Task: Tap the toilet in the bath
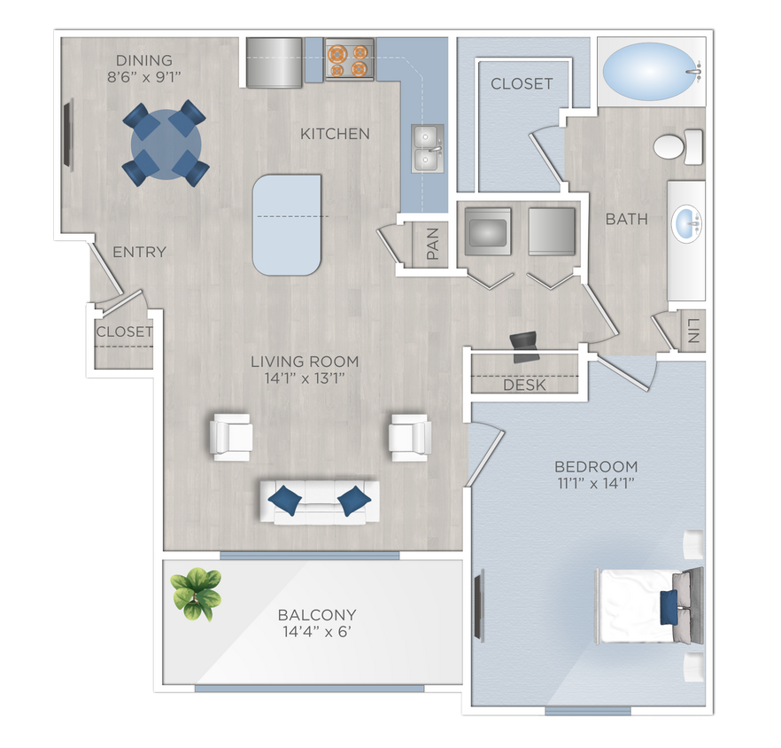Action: coord(677,145)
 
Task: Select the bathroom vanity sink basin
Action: coord(686,223)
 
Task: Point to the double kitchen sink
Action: coord(428,148)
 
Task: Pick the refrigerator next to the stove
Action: coord(275,62)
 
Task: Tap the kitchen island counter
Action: coord(286,223)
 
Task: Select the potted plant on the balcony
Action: coord(195,592)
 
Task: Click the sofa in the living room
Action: coord(319,501)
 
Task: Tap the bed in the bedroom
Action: coord(646,606)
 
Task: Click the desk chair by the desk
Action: coord(525,346)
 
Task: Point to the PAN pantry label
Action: coord(433,244)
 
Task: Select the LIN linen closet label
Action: coord(692,330)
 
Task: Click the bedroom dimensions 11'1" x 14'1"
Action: coord(595,483)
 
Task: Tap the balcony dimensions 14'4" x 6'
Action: coord(317,631)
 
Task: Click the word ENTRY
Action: coord(139,253)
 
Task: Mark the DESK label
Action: coord(524,386)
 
